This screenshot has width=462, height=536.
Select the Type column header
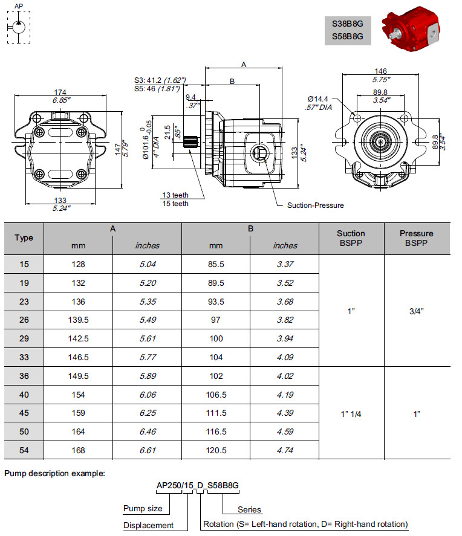pyautogui.click(x=24, y=237)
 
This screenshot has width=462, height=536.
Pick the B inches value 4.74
pyautogui.click(x=284, y=450)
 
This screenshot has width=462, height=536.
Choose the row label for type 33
pyautogui.click(x=24, y=357)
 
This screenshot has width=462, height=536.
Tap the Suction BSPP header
pyautogui.click(x=351, y=237)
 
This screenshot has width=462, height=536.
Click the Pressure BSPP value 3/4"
pyautogui.click(x=416, y=311)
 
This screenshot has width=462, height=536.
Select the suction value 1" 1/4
pyautogui.click(x=351, y=413)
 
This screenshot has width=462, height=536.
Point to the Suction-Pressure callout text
pyautogui.click(x=315, y=205)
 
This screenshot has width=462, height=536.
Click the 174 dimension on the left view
pyautogui.click(x=60, y=92)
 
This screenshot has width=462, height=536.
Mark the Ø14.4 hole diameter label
pyautogui.click(x=317, y=98)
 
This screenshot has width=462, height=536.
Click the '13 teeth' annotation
pyautogui.click(x=175, y=195)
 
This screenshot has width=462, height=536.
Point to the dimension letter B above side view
pyautogui.click(x=232, y=81)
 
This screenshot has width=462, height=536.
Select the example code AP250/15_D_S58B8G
pyautogui.click(x=197, y=486)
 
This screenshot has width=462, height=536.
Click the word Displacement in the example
pyautogui.click(x=148, y=525)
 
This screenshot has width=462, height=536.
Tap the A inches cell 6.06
pyautogui.click(x=148, y=395)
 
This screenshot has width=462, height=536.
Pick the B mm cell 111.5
pyautogui.click(x=216, y=413)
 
